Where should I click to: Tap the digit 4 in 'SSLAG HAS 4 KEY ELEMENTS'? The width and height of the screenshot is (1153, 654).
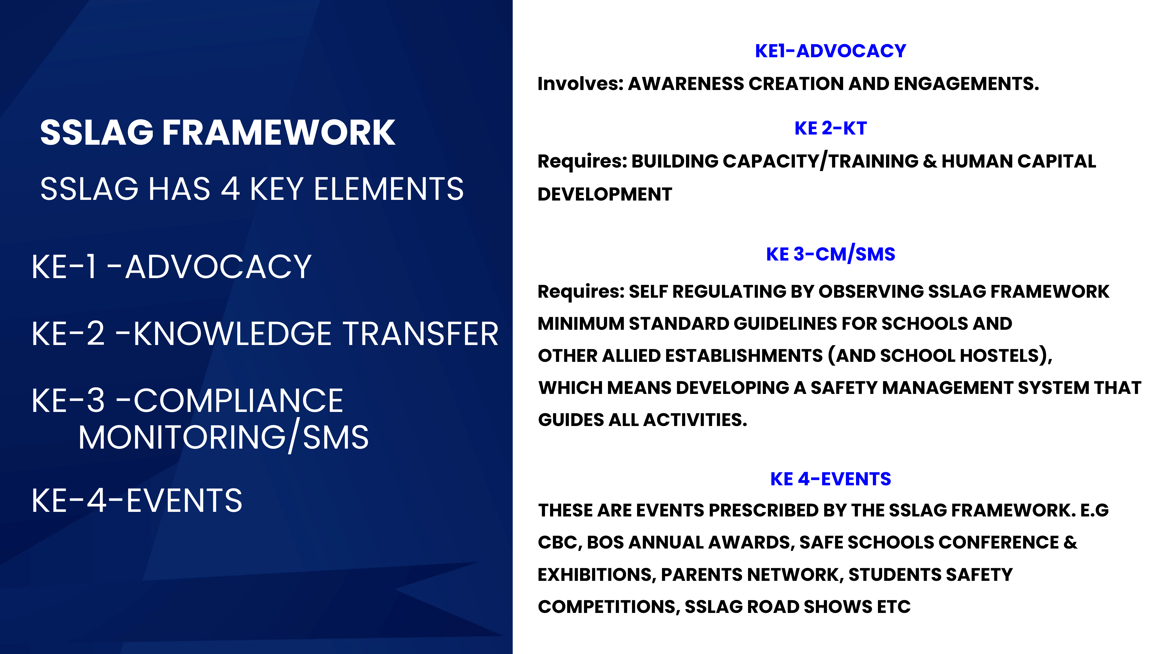point(230,189)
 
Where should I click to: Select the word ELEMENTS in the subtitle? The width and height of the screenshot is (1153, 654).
point(389,189)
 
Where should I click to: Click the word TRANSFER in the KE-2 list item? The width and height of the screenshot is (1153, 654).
point(421,334)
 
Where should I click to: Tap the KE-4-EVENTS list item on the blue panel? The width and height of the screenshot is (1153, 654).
point(137,500)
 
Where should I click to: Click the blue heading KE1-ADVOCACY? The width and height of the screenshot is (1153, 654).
point(831,51)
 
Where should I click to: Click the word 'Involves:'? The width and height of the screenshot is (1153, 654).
point(581,84)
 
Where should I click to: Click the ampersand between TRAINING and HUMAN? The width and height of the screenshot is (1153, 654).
point(930,161)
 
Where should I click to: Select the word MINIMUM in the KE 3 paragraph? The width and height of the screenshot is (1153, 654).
point(581,324)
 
